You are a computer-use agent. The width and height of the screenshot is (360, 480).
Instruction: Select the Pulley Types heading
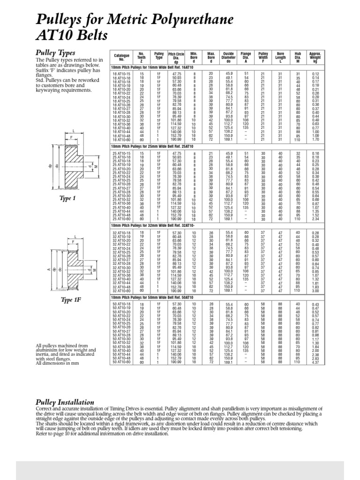[55, 52]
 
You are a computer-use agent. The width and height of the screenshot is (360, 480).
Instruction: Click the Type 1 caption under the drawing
[67, 199]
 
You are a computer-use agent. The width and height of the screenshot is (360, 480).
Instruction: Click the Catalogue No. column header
[121, 58]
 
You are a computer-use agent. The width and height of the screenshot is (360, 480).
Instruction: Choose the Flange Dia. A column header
[246, 58]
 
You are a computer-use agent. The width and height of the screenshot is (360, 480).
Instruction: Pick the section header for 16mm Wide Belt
[147, 68]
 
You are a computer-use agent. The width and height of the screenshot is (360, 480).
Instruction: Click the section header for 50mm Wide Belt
[147, 297]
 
